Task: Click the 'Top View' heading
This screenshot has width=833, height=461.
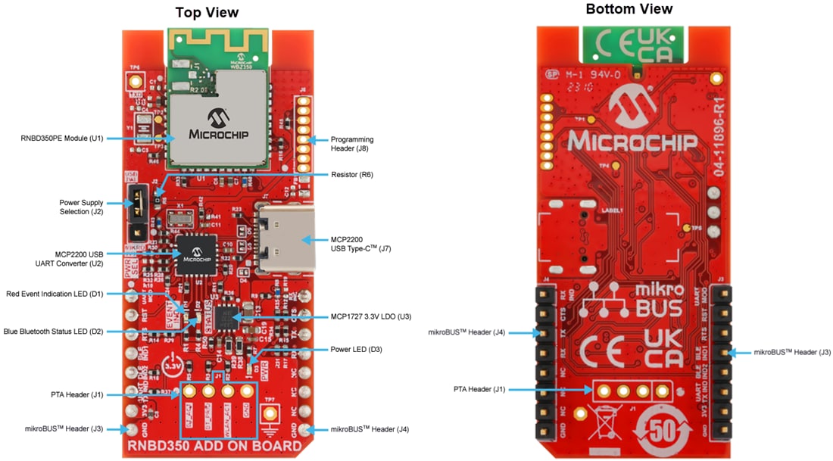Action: [x=207, y=12]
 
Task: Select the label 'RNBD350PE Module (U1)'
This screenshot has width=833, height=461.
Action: [x=61, y=139]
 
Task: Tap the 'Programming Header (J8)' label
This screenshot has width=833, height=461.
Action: [x=352, y=144]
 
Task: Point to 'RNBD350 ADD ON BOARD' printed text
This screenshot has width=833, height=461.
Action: [x=220, y=446]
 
